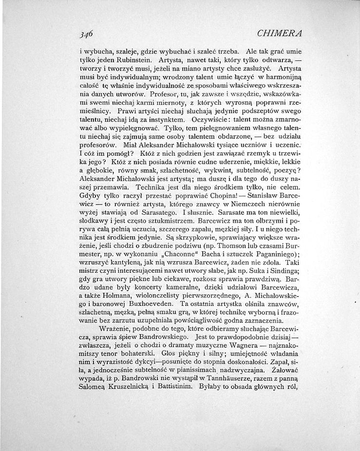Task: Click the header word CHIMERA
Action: (279, 34)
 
